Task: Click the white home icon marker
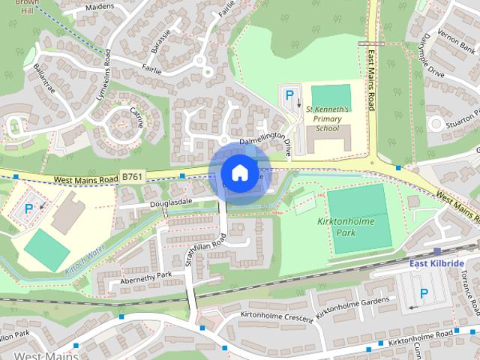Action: pyautogui.click(x=238, y=173)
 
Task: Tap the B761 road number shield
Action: pyautogui.click(x=132, y=177)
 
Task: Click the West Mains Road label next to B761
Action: pyautogui.click(x=85, y=180)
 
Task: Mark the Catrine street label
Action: pyautogui.click(x=136, y=118)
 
